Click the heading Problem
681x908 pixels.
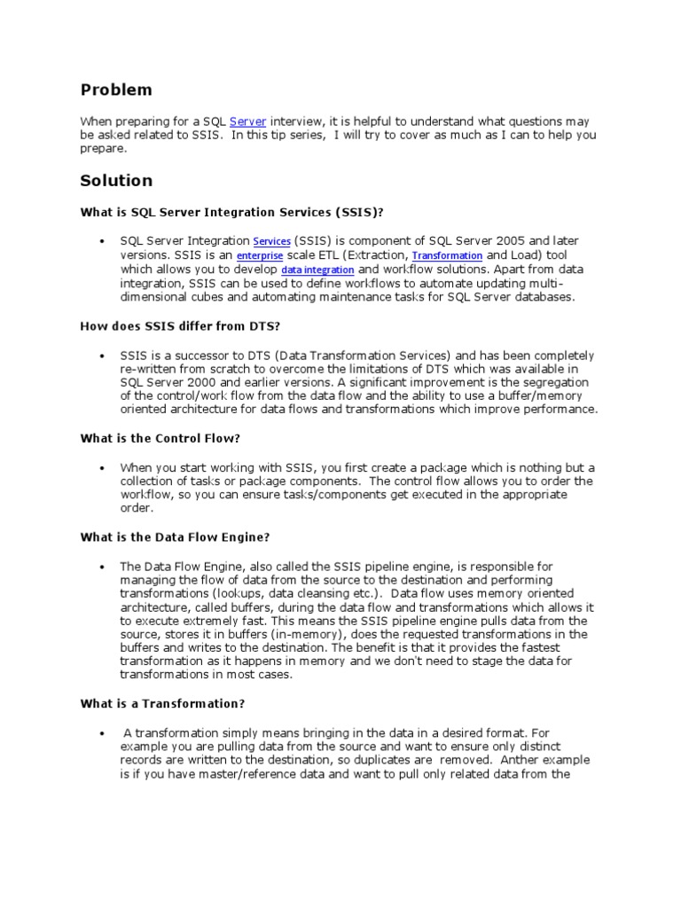pyautogui.click(x=116, y=90)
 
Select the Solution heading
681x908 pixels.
pyautogui.click(x=116, y=181)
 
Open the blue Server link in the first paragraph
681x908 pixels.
pyautogui.click(x=247, y=121)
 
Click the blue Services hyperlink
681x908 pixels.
pyautogui.click(x=271, y=241)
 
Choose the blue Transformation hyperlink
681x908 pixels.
pyautogui.click(x=448, y=255)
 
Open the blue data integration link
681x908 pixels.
pyautogui.click(x=317, y=270)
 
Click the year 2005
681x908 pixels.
pyautogui.click(x=508, y=240)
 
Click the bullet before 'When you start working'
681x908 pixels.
pyautogui.click(x=103, y=467)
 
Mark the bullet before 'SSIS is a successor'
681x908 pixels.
pyautogui.click(x=103, y=355)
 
